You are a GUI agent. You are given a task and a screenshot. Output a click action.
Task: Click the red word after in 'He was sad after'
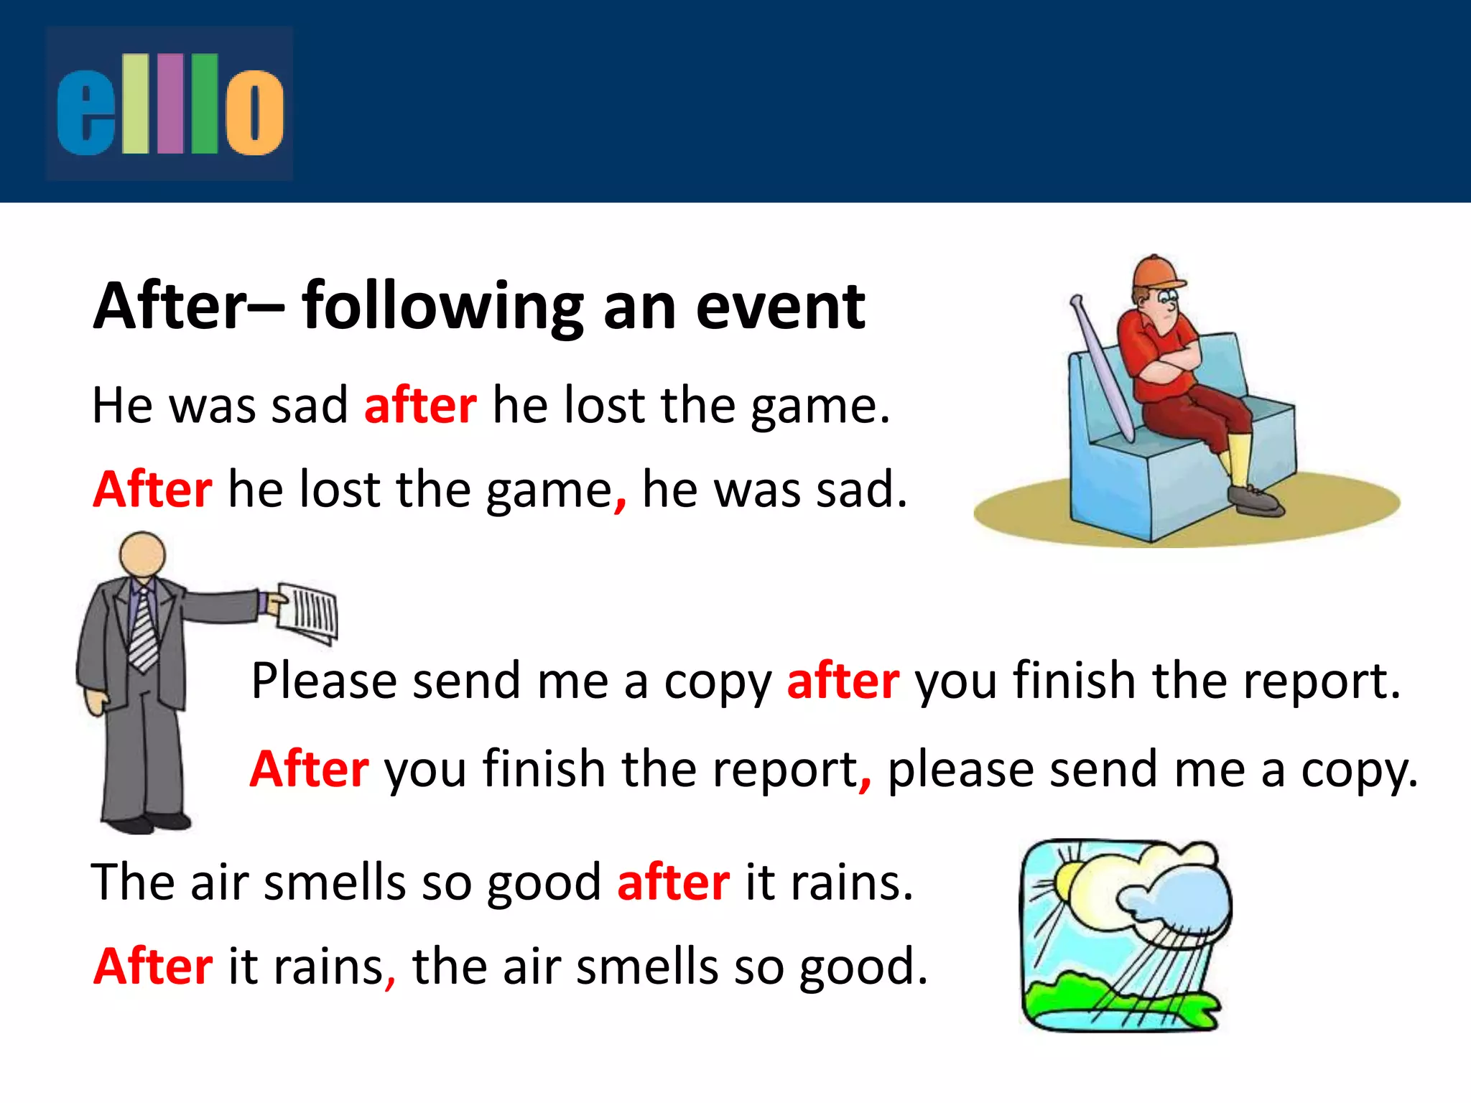(420, 406)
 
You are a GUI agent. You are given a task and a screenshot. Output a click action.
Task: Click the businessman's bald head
(142, 554)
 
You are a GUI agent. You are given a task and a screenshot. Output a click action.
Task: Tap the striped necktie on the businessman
(144, 632)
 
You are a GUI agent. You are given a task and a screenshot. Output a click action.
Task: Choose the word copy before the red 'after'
(718, 682)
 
